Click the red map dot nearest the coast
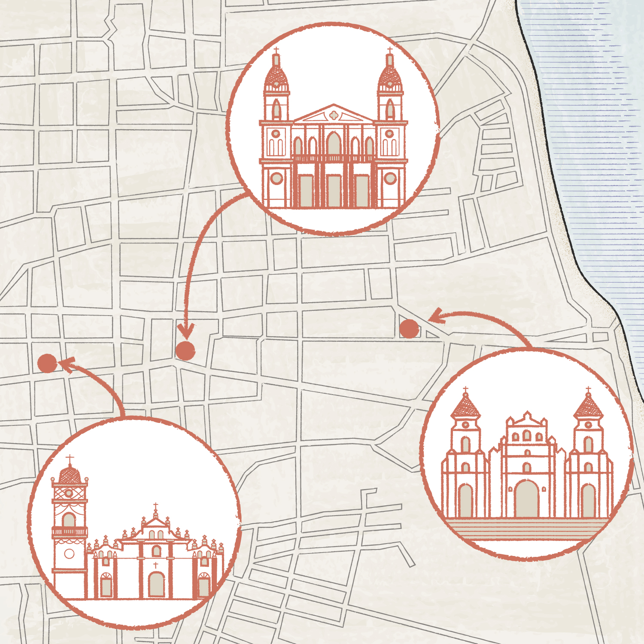tap(409, 329)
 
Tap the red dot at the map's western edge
tap(47, 363)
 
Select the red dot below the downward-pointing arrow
tap(185, 350)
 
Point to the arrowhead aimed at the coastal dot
tap(436, 317)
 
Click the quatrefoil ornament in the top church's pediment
tap(334, 115)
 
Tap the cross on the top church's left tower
tap(276, 51)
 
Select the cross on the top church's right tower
tap(390, 51)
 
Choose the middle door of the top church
tap(334, 191)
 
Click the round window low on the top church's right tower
tap(390, 178)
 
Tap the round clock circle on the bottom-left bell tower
tap(69, 553)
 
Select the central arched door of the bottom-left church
tap(156, 584)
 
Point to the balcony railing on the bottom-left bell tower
tap(70, 532)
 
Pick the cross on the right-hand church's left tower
tap(465, 390)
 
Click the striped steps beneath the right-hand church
tap(526, 529)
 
